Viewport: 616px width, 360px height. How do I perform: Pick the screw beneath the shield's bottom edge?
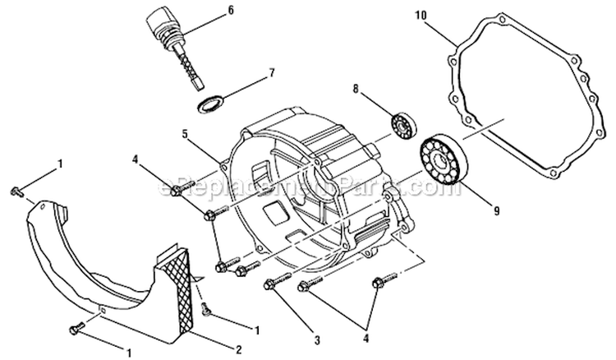click(76, 329)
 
